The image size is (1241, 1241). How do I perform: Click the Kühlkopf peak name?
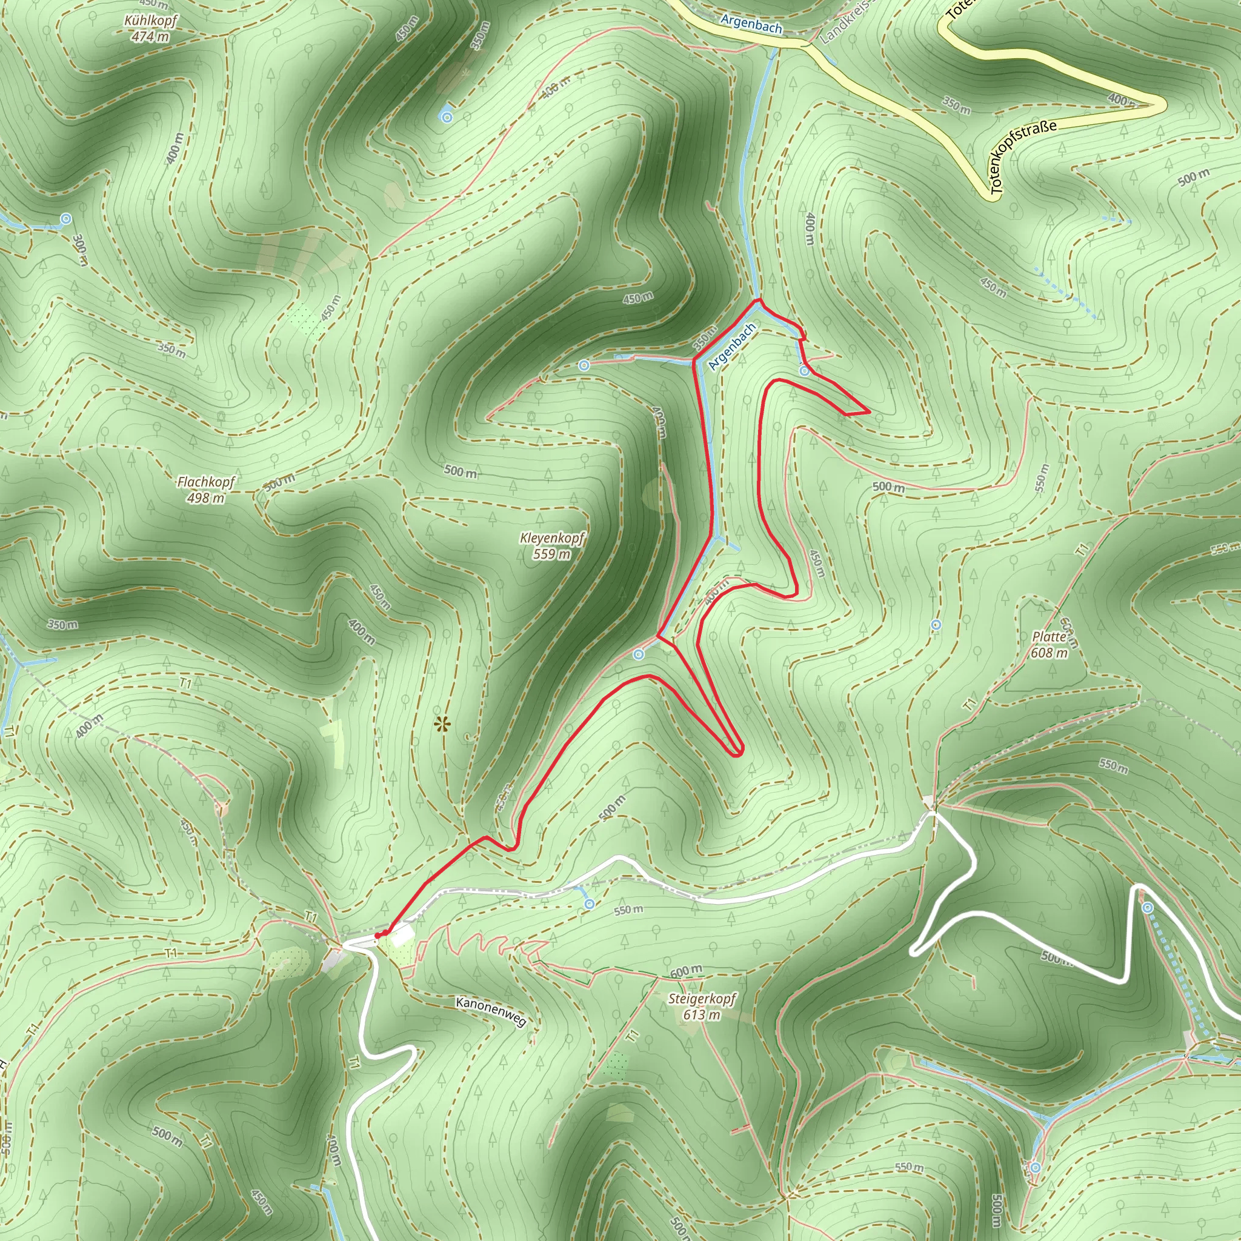pos(151,21)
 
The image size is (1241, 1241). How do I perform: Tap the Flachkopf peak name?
pos(206,482)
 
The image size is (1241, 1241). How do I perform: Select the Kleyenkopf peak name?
pos(553,538)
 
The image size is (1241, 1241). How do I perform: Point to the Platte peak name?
pos(1049,637)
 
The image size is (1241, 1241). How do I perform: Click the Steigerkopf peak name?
pos(702,999)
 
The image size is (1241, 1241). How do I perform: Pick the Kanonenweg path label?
pos(491,1012)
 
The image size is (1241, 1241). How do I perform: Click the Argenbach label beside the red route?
pos(731,347)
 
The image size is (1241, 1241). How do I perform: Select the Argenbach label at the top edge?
pos(751,24)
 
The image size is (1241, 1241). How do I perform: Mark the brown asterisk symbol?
pos(442,725)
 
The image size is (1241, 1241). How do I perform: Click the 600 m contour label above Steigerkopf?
pos(685,971)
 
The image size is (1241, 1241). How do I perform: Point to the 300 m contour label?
pos(81,250)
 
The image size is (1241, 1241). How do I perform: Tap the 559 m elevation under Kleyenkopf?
pos(551,554)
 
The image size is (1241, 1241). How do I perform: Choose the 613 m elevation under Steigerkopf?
pos(702,1015)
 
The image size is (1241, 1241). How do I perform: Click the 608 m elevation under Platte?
pos(1050,653)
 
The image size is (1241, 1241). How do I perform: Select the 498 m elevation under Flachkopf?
pos(206,498)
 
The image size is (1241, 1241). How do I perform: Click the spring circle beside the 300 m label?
pos(65,219)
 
